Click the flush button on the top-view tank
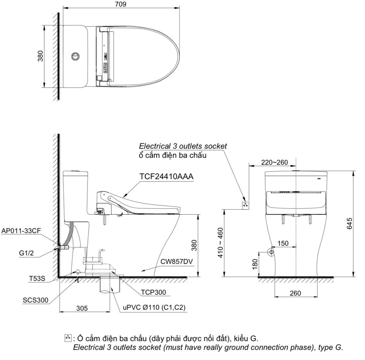tap(75, 56)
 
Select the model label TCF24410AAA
tap(166, 177)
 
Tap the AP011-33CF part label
tap(21, 231)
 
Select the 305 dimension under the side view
tap(82, 308)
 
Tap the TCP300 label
tap(153, 292)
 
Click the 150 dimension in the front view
tap(283, 243)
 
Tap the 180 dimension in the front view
tap(255, 264)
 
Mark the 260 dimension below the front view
tap(295, 293)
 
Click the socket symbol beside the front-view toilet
tap(245, 205)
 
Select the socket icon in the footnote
tap(67, 338)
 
